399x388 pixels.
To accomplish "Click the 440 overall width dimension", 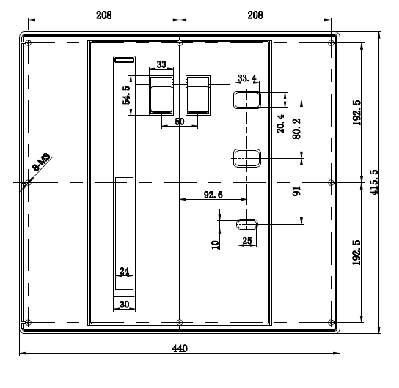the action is click(x=180, y=348).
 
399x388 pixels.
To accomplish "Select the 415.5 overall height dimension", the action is click(x=374, y=182).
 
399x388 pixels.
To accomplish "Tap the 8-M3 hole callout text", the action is click(x=42, y=162).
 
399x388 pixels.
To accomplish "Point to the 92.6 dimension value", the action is click(x=213, y=195).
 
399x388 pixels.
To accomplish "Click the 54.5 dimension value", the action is click(x=126, y=95).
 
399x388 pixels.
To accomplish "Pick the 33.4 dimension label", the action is click(x=247, y=78).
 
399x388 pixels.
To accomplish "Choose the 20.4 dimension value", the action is click(x=280, y=124).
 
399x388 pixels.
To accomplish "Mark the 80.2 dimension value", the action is click(x=296, y=129).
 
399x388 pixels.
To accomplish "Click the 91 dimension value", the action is click(x=296, y=191).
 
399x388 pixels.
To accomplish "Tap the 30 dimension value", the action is click(x=125, y=305).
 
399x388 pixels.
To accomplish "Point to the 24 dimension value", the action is click(x=124, y=271).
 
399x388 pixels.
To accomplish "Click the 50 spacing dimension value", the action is click(x=180, y=122).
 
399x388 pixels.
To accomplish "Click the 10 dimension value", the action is click(x=216, y=245).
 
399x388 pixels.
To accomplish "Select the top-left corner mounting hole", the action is click(x=29, y=42).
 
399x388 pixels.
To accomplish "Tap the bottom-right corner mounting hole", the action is click(x=331, y=323).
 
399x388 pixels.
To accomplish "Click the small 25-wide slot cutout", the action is click(x=247, y=224).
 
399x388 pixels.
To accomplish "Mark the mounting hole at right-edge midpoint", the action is click(x=331, y=182).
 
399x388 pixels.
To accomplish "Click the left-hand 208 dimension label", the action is click(x=104, y=15).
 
